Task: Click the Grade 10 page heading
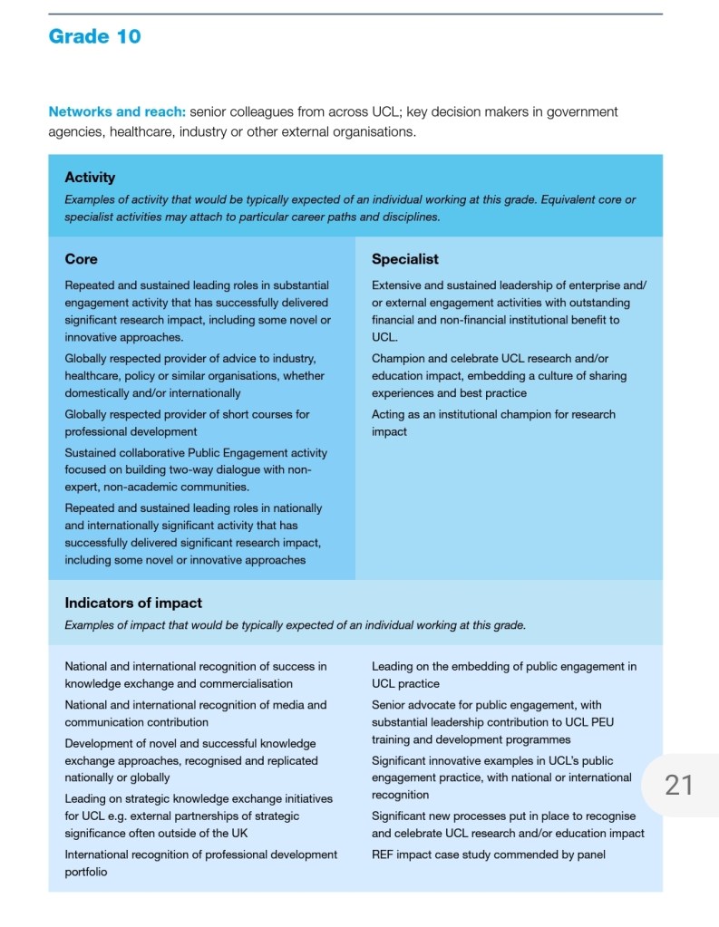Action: click(x=94, y=37)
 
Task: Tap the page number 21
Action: click(x=678, y=785)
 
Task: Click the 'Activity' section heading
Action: click(x=90, y=178)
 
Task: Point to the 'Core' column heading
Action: click(x=81, y=259)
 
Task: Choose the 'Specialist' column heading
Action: click(x=404, y=259)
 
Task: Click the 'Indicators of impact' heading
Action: click(x=133, y=603)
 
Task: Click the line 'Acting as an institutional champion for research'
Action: click(x=493, y=414)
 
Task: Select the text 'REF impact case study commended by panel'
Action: click(x=488, y=855)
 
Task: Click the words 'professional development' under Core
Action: click(x=130, y=431)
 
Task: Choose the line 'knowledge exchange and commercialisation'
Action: click(x=179, y=683)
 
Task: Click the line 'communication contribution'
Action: click(x=136, y=722)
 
